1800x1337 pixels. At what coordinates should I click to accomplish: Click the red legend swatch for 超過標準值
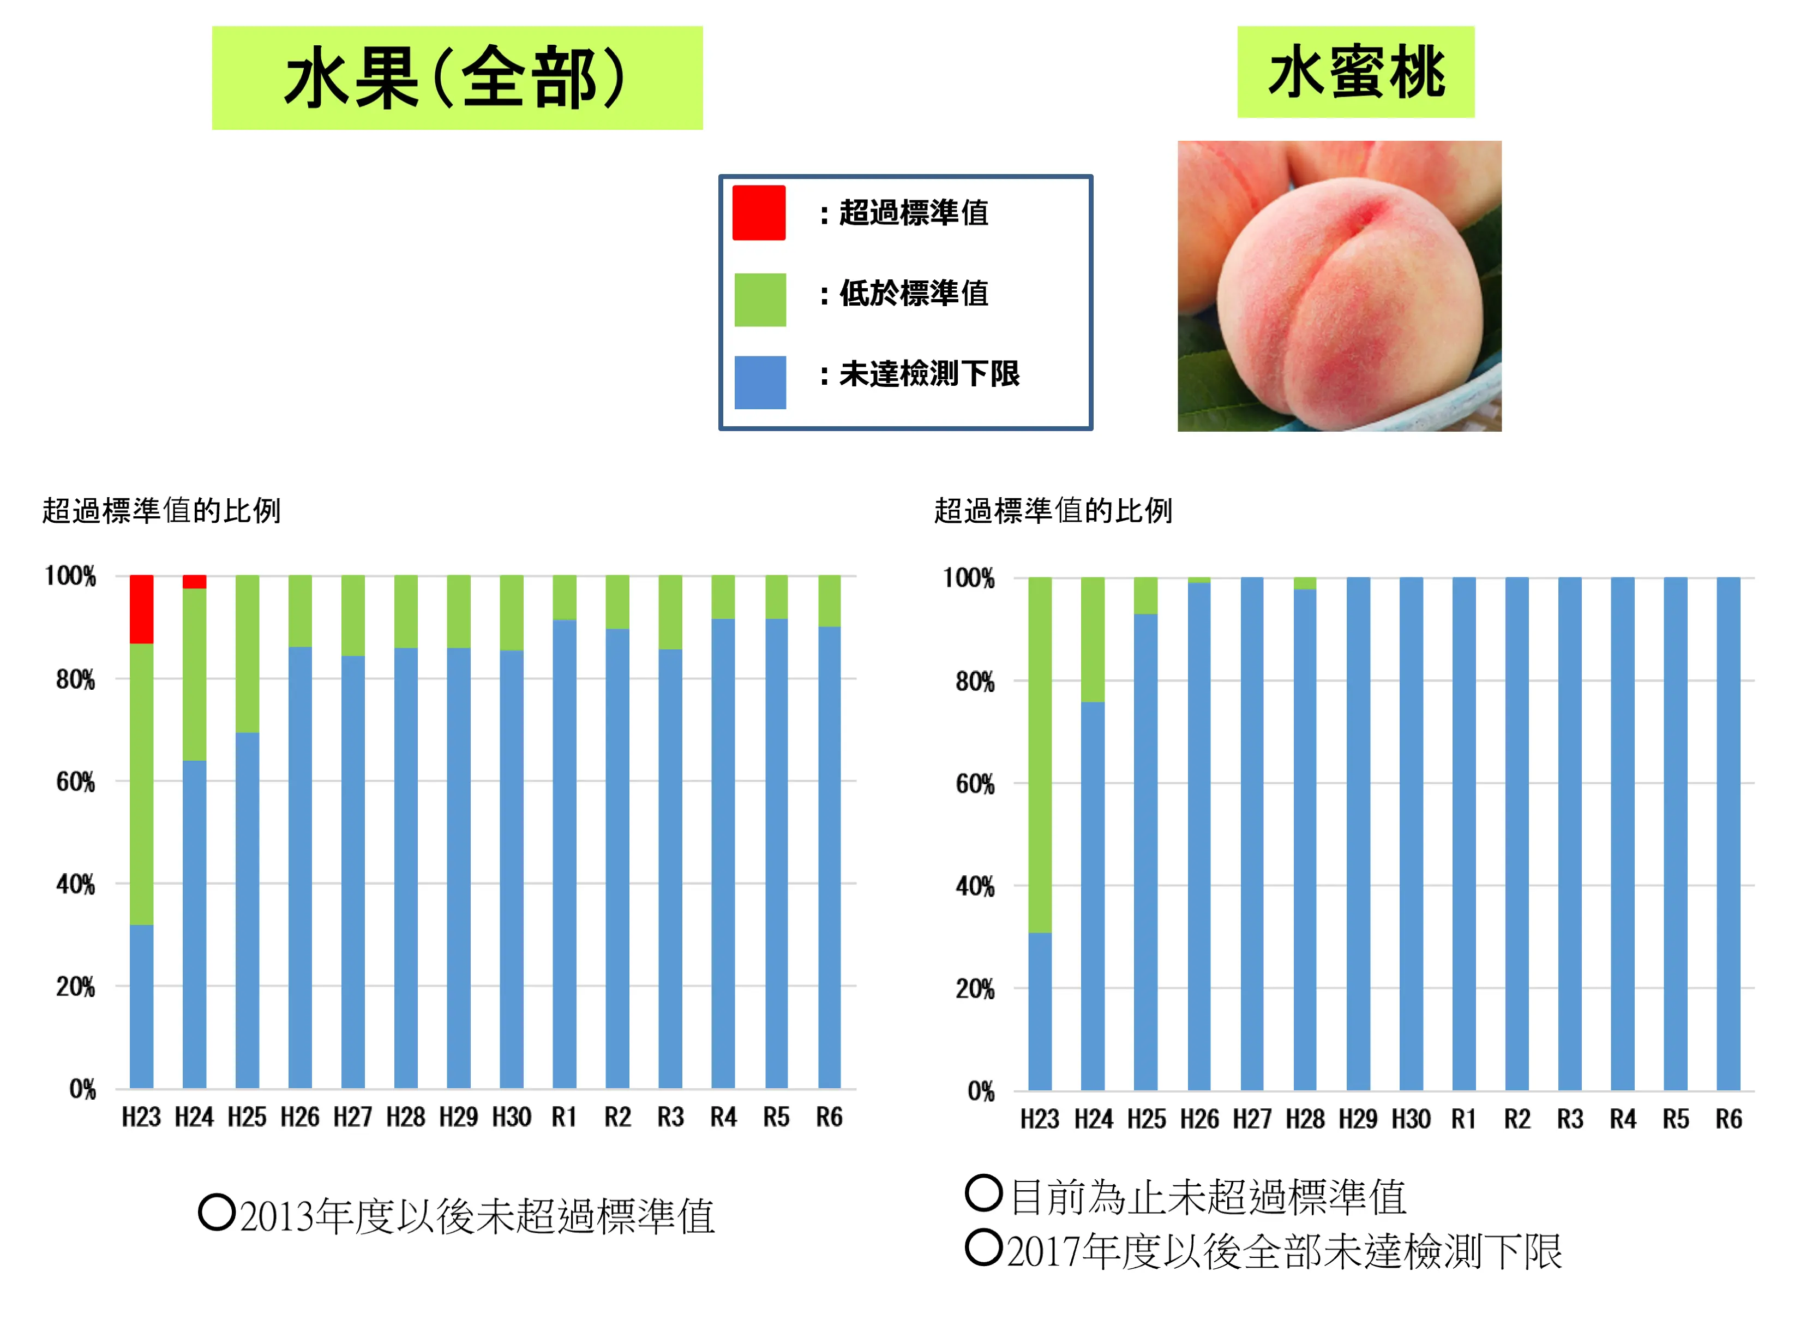point(758,213)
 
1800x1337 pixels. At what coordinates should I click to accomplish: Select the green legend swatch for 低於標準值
point(760,300)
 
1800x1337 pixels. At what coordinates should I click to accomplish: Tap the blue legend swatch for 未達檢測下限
point(760,382)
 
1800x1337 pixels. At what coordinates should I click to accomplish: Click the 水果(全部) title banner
point(457,77)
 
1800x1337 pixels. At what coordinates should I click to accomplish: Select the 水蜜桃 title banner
point(1354,72)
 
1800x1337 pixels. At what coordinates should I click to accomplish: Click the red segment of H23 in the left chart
point(142,608)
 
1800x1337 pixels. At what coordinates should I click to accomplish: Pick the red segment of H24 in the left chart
point(194,581)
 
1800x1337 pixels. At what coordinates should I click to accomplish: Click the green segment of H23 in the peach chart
point(1040,754)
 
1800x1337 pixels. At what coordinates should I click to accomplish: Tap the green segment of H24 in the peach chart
point(1092,640)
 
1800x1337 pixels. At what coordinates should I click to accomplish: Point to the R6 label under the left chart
point(829,1117)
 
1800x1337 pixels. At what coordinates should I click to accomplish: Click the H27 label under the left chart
point(353,1117)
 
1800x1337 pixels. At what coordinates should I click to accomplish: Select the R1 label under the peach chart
point(1463,1119)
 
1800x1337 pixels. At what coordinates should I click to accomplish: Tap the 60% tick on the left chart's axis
point(75,782)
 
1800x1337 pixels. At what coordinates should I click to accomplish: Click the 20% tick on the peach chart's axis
point(975,988)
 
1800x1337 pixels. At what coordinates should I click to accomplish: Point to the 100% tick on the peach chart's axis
point(968,578)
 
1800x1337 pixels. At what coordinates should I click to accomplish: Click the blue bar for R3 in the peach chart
point(1569,834)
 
